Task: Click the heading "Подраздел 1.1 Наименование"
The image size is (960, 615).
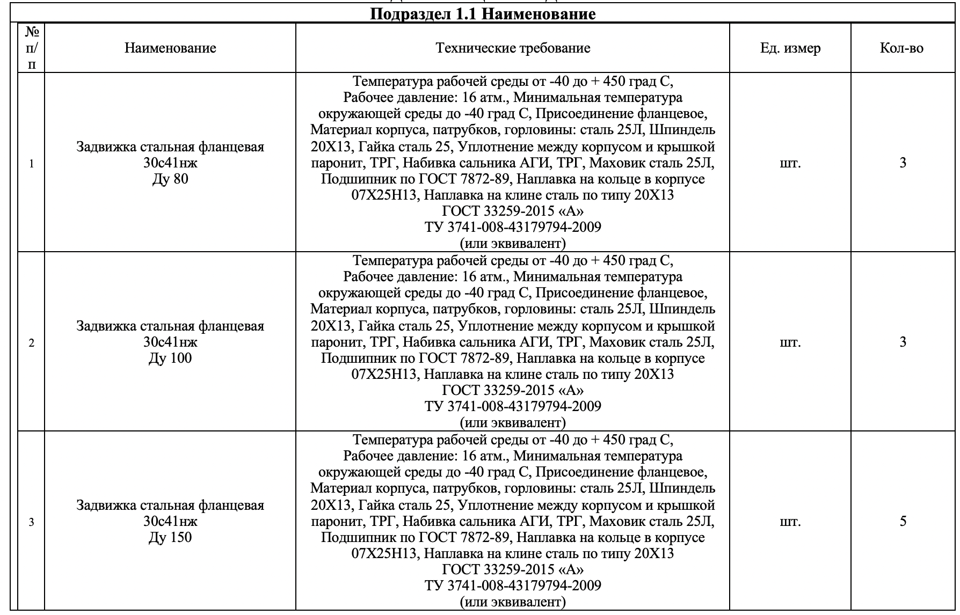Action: pyautogui.click(x=483, y=14)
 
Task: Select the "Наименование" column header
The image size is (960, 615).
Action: pyautogui.click(x=170, y=48)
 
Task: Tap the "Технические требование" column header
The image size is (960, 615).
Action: pyautogui.click(x=513, y=48)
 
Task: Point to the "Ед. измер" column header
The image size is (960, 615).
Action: pyautogui.click(x=790, y=48)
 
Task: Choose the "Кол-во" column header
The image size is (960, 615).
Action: pyautogui.click(x=902, y=48)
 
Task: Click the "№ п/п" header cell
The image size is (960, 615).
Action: pyautogui.click(x=32, y=48)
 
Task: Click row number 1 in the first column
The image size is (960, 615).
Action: pyautogui.click(x=32, y=164)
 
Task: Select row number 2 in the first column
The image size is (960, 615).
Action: pyautogui.click(x=32, y=343)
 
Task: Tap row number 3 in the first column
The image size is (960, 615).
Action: pyautogui.click(x=32, y=522)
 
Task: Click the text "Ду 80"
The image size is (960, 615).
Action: pyautogui.click(x=170, y=179)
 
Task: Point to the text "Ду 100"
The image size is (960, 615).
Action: pyautogui.click(x=170, y=358)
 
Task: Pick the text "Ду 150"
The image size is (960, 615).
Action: pyautogui.click(x=170, y=538)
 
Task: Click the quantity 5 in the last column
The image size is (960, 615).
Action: pyautogui.click(x=903, y=521)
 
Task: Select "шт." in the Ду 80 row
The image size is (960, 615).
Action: pyautogui.click(x=790, y=163)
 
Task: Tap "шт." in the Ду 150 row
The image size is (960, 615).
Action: pyautogui.click(x=790, y=522)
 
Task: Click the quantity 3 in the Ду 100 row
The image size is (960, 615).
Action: pyautogui.click(x=903, y=342)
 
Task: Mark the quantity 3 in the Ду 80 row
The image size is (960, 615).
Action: pyautogui.click(x=903, y=163)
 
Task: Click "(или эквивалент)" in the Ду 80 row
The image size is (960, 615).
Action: pyautogui.click(x=513, y=244)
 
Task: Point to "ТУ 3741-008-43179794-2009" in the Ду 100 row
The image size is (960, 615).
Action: pyautogui.click(x=513, y=406)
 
